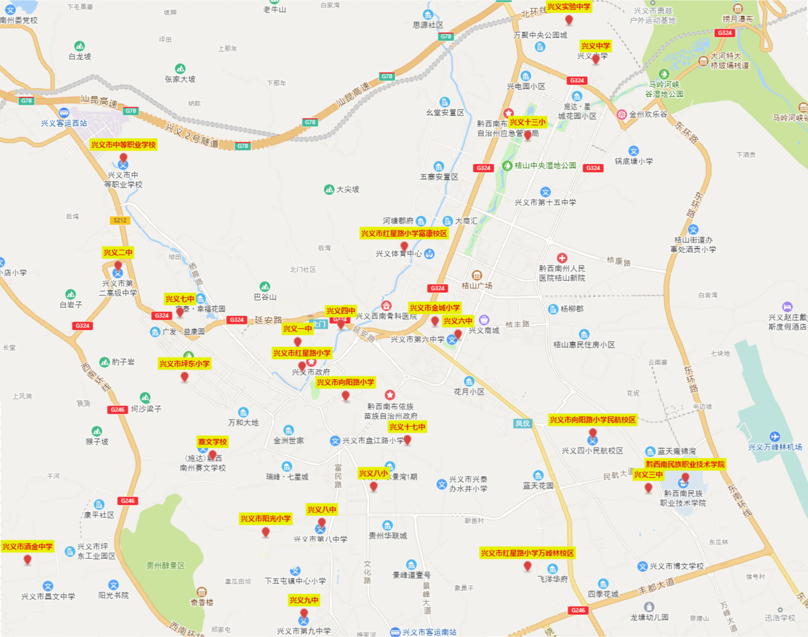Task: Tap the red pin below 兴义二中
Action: tap(118, 266)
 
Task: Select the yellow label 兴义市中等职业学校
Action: tap(124, 145)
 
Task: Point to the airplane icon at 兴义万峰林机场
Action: tap(775, 436)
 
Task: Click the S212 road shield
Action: tap(120, 220)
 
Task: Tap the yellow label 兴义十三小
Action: tap(527, 122)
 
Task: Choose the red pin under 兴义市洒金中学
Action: tap(27, 559)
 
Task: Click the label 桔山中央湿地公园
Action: tap(545, 166)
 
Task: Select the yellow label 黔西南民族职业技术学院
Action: tap(685, 464)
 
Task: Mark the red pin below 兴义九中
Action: tap(304, 613)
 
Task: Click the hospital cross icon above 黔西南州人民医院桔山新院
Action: tap(562, 258)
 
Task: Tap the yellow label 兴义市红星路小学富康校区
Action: tap(404, 233)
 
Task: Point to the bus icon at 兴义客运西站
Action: tap(64, 112)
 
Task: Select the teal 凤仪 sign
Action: tap(523, 423)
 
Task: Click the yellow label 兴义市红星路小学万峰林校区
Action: tap(527, 553)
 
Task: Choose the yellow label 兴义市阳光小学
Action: tap(265, 519)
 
